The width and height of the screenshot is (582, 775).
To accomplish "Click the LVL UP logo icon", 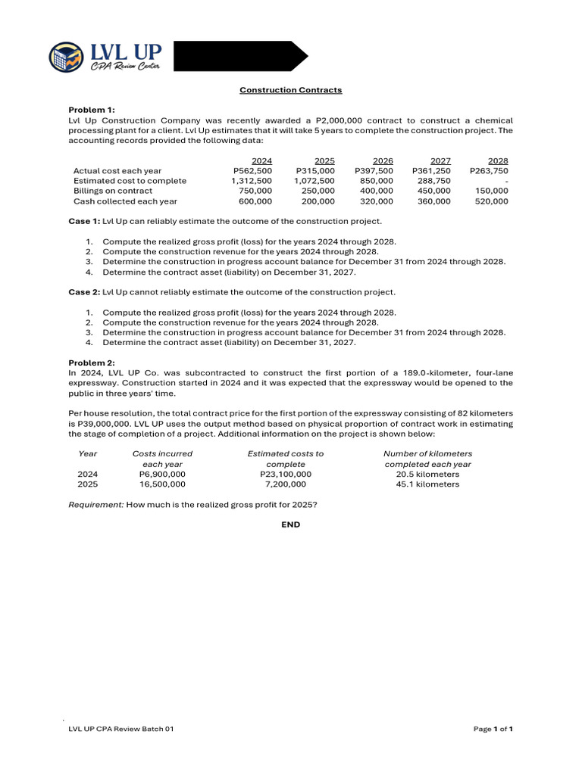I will pyautogui.click(x=67, y=57).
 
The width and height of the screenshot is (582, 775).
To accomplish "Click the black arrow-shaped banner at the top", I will pyautogui.click(x=239, y=56).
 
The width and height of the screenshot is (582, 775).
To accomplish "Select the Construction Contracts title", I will pyautogui.click(x=291, y=90).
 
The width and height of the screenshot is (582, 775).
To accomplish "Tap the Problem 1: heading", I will pyautogui.click(x=92, y=110).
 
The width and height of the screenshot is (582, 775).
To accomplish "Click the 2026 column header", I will pyautogui.click(x=383, y=160).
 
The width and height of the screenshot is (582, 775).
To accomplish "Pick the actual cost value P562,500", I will pyautogui.click(x=252, y=171).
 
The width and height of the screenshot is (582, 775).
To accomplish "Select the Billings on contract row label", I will pyautogui.click(x=113, y=191).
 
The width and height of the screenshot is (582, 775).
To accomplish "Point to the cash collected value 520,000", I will pyautogui.click(x=491, y=201).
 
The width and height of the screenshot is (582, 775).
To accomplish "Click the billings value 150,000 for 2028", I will pyautogui.click(x=491, y=191).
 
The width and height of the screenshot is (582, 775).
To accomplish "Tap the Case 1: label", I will pyautogui.click(x=84, y=221).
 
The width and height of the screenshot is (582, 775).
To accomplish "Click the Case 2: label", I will pyautogui.click(x=84, y=292).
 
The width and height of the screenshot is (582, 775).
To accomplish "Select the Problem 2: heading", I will pyautogui.click(x=92, y=363).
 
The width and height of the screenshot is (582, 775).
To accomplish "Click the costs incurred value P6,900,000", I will pyautogui.click(x=162, y=474).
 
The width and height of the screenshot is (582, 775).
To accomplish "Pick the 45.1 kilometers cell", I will pyautogui.click(x=427, y=484).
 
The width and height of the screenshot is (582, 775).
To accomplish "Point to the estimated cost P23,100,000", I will pyautogui.click(x=285, y=474).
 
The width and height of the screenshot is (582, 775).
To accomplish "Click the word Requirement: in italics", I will pyautogui.click(x=96, y=504).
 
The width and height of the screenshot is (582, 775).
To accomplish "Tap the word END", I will pyautogui.click(x=291, y=524).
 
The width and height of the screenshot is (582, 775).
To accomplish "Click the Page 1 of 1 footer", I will pyautogui.click(x=493, y=729).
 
